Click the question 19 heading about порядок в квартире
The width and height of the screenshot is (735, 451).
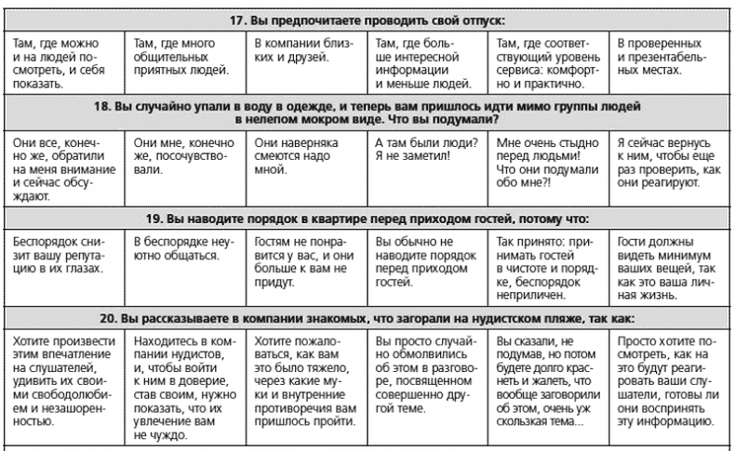367,219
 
